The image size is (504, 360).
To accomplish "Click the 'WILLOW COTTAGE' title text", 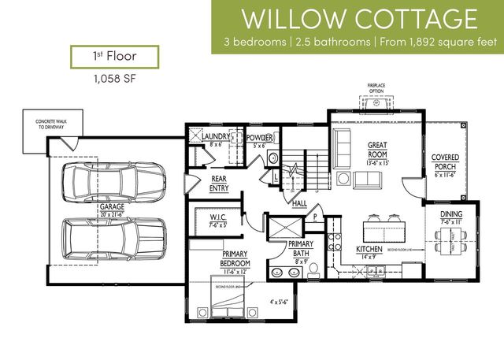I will [359, 18].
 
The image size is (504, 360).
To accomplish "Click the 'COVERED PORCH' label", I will [445, 162].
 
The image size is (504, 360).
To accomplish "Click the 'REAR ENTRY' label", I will [218, 184].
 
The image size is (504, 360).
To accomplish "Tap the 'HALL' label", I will [299, 203].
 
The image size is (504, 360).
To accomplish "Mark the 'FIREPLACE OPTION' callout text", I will [374, 87].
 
